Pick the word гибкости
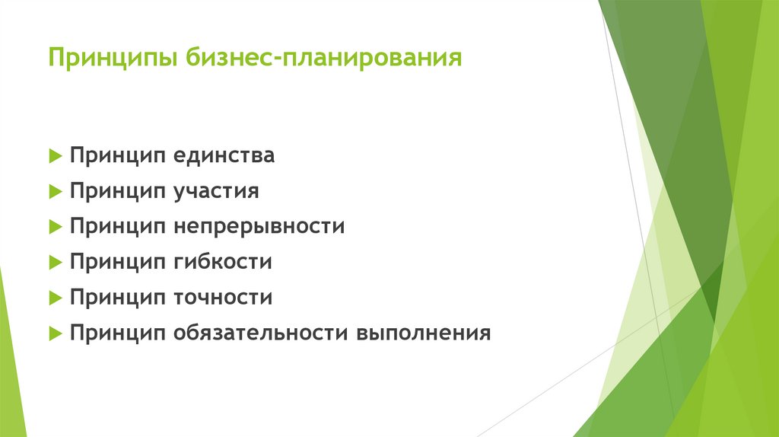tap(222, 262)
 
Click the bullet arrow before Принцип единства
tap(54, 156)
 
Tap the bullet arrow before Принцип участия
tap(54, 191)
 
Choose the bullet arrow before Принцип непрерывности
tap(54, 227)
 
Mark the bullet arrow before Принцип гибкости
tap(54, 262)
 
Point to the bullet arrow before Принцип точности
tap(54, 297)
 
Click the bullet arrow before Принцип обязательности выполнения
tap(54, 333)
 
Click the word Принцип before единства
tap(117, 156)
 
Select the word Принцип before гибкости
tap(117, 262)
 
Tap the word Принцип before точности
tap(117, 297)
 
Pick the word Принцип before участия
tap(117, 191)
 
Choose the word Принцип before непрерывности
tap(117, 226)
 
